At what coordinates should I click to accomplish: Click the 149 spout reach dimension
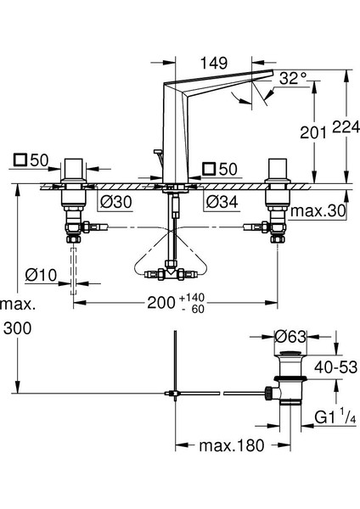(213, 63)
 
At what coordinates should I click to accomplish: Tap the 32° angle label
(293, 78)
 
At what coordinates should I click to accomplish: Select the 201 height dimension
(313, 132)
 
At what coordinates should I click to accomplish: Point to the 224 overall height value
(346, 126)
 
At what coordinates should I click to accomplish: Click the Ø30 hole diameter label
(116, 202)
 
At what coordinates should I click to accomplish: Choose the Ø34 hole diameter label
(222, 202)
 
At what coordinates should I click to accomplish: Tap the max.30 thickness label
(318, 211)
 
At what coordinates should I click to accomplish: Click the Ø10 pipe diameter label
(41, 275)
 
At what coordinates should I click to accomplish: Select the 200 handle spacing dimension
(161, 303)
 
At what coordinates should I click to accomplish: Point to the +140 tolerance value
(193, 298)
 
